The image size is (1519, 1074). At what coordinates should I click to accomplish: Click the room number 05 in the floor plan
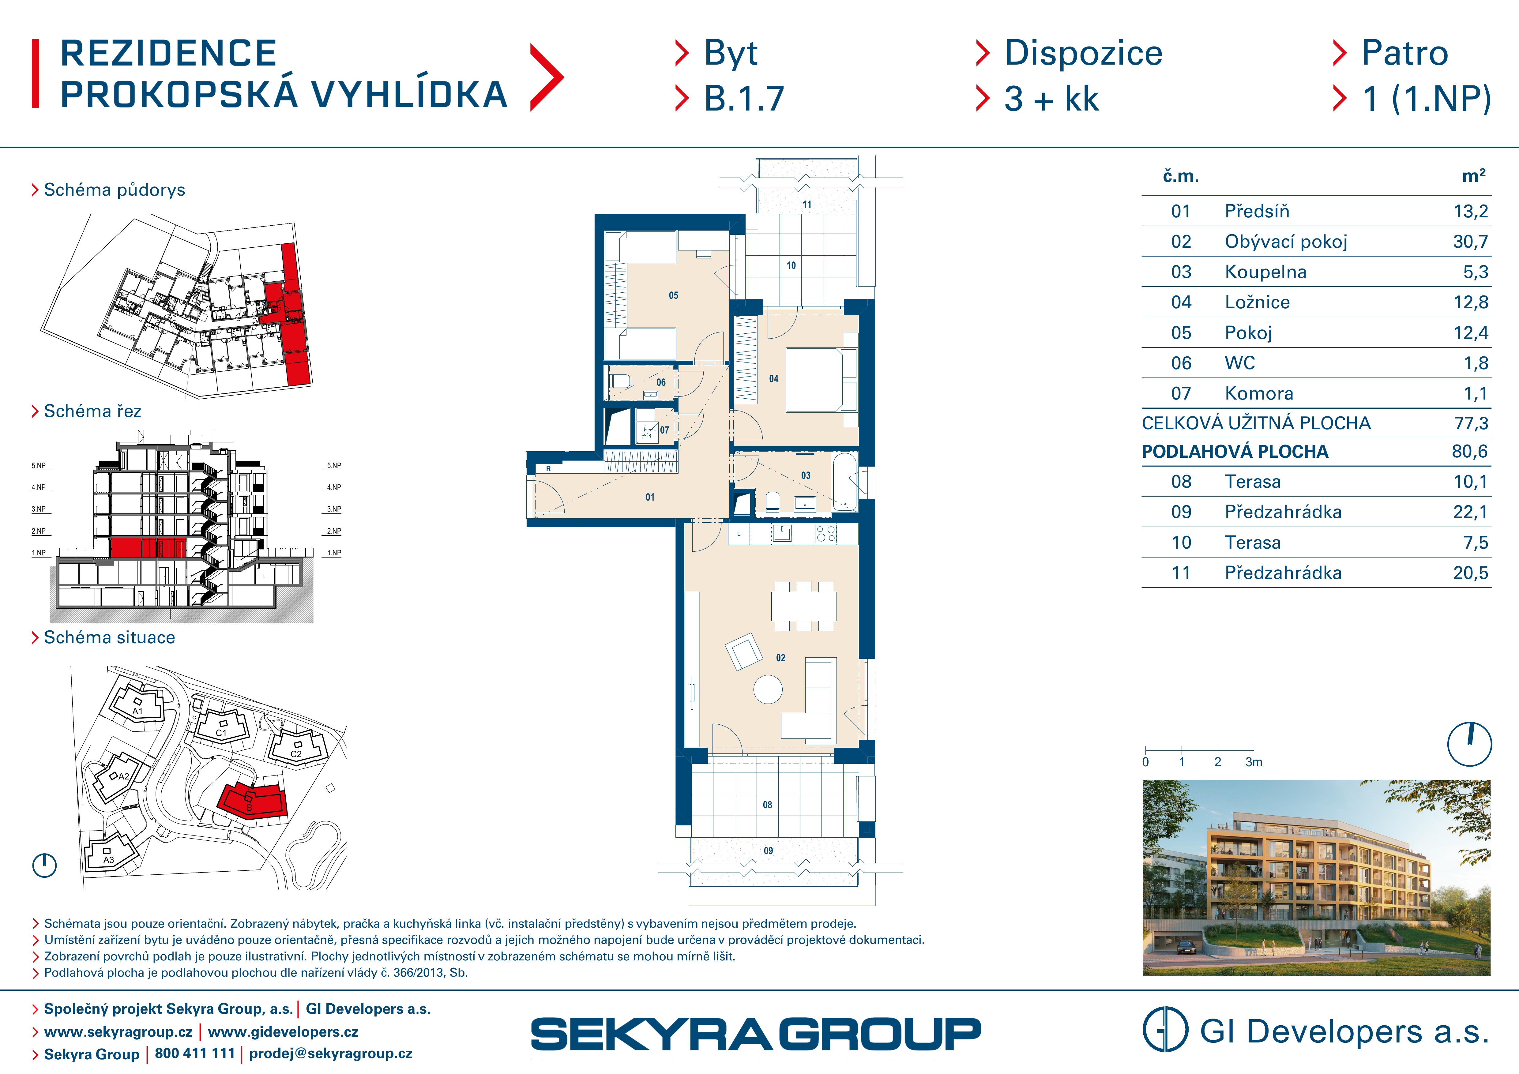(674, 296)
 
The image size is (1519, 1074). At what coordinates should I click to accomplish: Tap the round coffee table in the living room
(768, 689)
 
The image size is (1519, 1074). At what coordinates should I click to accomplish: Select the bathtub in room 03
(845, 482)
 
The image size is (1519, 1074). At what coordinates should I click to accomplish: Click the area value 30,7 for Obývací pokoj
(1470, 241)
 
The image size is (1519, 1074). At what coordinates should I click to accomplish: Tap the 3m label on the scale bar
(1254, 762)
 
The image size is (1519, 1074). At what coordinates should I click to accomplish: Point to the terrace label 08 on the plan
(767, 805)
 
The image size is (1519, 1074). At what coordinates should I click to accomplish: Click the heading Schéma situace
(109, 637)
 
